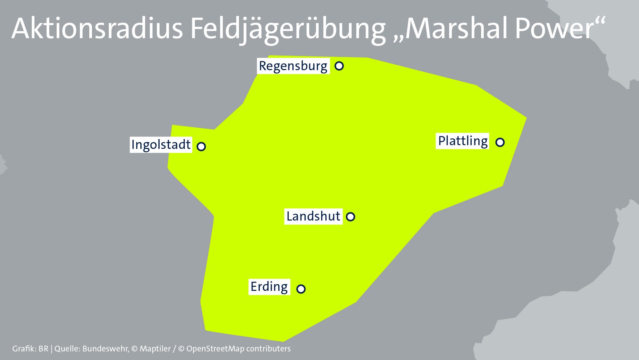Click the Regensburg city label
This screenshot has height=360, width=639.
tap(293, 66)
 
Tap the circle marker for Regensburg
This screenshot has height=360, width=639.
tap(339, 66)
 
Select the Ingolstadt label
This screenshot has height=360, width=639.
tap(161, 145)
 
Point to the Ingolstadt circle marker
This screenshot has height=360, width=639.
tap(201, 146)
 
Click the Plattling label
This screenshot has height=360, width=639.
tap(463, 141)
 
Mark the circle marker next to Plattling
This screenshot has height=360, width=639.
tap(500, 142)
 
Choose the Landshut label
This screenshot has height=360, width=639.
tap(313, 216)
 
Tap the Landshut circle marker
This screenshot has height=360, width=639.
tap(350, 216)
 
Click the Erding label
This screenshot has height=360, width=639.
tap(269, 287)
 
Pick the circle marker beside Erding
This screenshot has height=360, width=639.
tap(301, 289)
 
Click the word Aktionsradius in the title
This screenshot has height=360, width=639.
tap(97, 29)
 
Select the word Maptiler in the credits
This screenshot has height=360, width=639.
tap(155, 349)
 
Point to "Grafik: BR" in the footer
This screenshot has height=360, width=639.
tap(30, 349)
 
